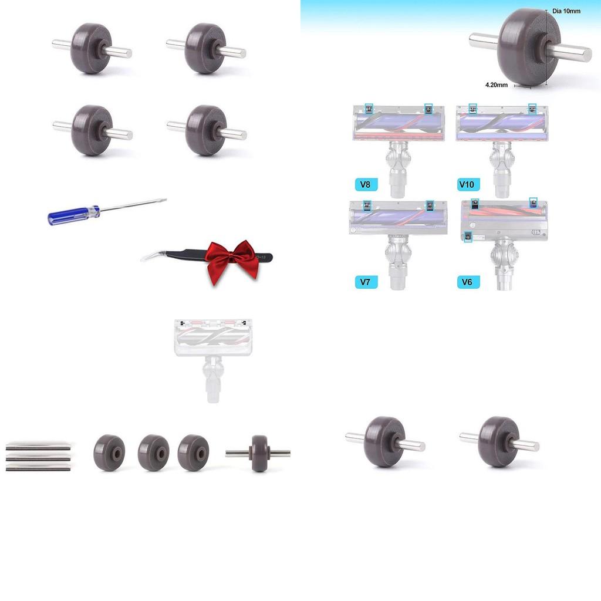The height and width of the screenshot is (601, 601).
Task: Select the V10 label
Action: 467,185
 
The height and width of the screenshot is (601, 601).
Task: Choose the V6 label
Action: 468,282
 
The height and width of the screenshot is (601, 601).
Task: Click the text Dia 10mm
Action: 566,11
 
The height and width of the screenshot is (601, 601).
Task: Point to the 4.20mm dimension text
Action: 497,85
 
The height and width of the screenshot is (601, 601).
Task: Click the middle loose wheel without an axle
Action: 153,453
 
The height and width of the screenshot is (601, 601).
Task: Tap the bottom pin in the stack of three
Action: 38,468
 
